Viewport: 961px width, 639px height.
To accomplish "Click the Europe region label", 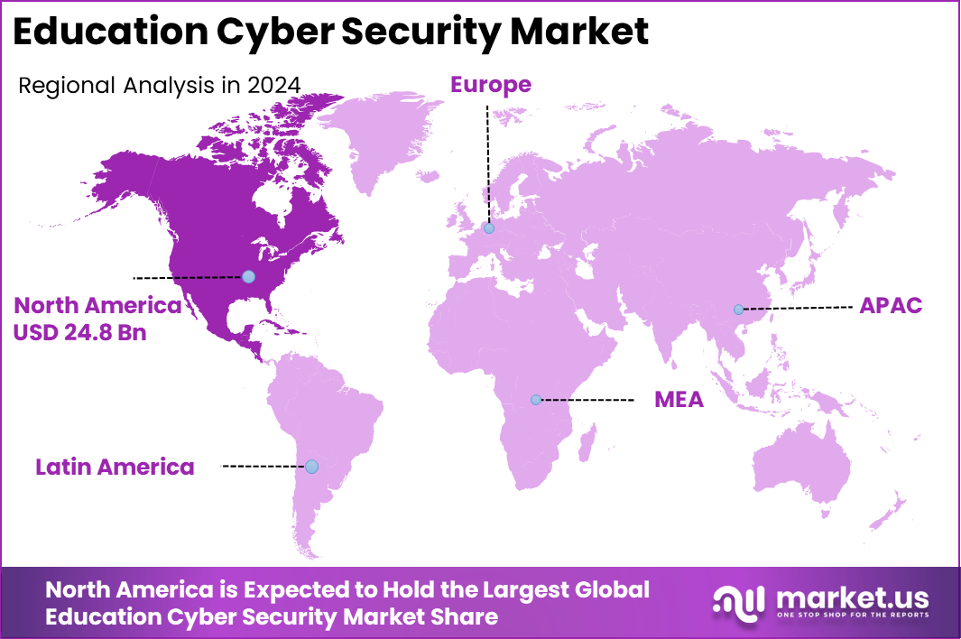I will [490, 85].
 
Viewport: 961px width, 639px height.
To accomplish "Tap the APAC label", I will [890, 306].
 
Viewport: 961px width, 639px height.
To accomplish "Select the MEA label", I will [679, 400].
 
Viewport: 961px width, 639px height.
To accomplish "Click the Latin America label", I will [115, 467].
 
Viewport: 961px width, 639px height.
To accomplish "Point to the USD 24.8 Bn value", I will [79, 332].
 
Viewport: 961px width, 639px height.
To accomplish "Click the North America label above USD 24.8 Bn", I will [97, 305].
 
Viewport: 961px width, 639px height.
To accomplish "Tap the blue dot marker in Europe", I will [488, 228].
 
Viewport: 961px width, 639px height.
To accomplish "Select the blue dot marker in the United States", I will [248, 277].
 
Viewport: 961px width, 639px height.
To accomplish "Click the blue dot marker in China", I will [738, 310].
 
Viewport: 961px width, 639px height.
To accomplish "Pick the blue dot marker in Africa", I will [536, 399].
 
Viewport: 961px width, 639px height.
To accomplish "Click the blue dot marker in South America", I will [311, 467].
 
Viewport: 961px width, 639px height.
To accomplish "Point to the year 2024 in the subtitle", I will [273, 86].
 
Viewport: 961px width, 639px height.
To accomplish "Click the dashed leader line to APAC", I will [799, 309].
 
